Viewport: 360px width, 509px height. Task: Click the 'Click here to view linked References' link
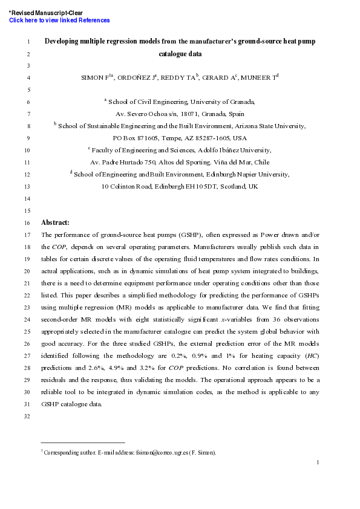[x=59, y=21]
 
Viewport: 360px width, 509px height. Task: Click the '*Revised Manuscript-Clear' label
[x=46, y=13]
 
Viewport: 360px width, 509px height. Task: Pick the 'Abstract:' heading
[x=55, y=222]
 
